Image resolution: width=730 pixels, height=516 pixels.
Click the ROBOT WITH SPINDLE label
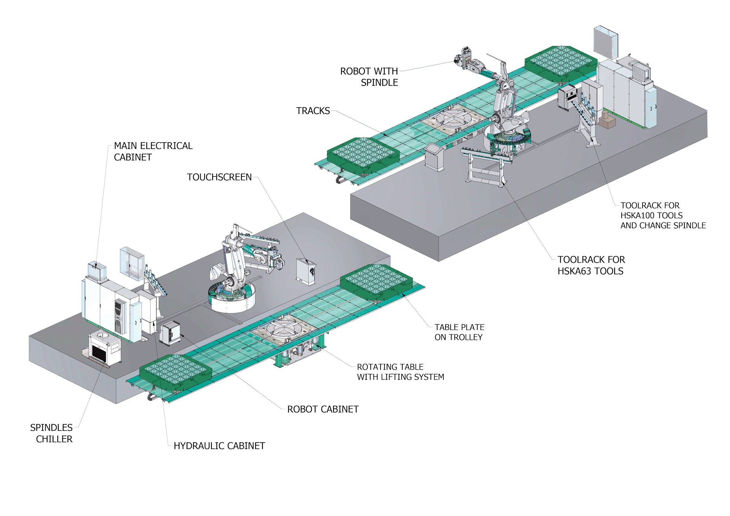tap(369, 77)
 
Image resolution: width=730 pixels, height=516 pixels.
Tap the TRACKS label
tap(313, 111)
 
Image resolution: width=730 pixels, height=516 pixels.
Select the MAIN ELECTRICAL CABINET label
tap(153, 151)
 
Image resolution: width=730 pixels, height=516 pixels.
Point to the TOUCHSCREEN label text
tap(219, 177)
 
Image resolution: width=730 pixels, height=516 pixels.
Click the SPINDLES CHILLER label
tap(51, 433)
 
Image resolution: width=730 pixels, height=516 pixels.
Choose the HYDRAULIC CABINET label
tap(219, 446)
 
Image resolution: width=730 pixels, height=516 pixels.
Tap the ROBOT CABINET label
tap(323, 409)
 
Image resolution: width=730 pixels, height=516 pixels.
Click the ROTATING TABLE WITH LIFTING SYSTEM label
tap(400, 372)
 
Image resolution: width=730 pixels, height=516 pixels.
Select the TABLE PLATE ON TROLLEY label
tap(459, 332)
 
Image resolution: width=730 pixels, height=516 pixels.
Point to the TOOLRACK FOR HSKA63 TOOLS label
tap(591, 265)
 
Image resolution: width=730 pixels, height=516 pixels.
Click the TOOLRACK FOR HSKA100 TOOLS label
tap(663, 215)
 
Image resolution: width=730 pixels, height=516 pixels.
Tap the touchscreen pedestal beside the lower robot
tap(306, 271)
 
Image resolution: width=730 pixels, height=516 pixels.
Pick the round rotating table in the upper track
tap(454, 118)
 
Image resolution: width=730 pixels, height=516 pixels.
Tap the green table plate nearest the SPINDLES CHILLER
tap(175, 371)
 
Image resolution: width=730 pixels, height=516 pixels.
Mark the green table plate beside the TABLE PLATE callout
tap(376, 281)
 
